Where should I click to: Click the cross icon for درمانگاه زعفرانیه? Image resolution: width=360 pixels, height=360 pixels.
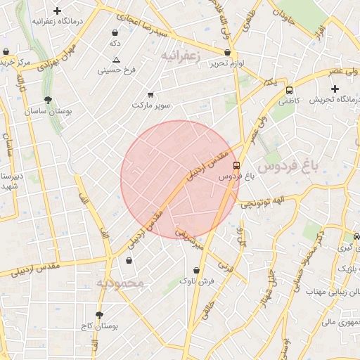pyautogui.click(x=58, y=11)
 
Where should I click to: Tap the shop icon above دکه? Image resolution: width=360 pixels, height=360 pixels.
pyautogui.click(x=115, y=32)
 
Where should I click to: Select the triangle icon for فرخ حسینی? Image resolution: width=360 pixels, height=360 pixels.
pyautogui.click(x=117, y=60)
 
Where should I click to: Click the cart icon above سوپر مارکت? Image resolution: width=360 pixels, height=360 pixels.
pyautogui.click(x=150, y=94)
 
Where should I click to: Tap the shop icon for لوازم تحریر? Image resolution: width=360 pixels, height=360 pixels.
pyautogui.click(x=227, y=53)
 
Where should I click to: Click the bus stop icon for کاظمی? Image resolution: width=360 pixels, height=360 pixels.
pyautogui.click(x=289, y=90)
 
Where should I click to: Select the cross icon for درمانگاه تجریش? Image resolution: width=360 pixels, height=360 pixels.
pyautogui.click(x=335, y=89)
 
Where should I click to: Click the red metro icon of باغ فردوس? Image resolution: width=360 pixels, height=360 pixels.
pyautogui.click(x=237, y=166)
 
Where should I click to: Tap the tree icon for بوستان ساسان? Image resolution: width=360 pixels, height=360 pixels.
pyautogui.click(x=47, y=101)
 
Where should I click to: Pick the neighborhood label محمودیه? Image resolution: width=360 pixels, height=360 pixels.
pyautogui.click(x=120, y=283)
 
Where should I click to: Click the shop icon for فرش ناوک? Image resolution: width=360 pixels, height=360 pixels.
pyautogui.click(x=196, y=270)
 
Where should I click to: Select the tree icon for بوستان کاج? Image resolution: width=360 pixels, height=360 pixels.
pyautogui.click(x=98, y=315)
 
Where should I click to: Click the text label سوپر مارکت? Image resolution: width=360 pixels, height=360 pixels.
pyautogui.click(x=151, y=105)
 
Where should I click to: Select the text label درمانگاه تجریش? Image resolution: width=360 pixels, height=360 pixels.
pyautogui.click(x=335, y=101)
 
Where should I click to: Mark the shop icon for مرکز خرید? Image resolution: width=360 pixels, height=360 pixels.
pyautogui.click(x=6, y=52)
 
